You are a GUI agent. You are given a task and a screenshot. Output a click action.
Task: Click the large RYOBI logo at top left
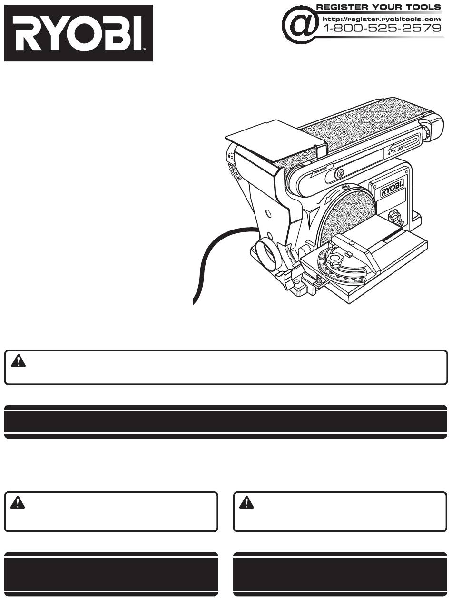click(x=79, y=33)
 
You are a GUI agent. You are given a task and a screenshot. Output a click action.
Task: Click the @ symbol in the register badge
click(x=300, y=24)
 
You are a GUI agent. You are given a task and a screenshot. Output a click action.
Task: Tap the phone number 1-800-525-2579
click(x=382, y=28)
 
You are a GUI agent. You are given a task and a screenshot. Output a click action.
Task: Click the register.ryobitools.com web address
click(x=382, y=19)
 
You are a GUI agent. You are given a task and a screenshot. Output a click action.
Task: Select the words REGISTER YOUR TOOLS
click(x=379, y=7)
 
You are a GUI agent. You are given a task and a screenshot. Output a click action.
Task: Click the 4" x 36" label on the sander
click(x=396, y=150)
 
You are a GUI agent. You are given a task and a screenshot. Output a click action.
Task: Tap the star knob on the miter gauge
click(x=335, y=259)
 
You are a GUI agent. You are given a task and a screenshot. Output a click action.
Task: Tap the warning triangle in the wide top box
click(x=18, y=360)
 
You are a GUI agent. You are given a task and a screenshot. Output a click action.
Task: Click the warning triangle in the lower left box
click(x=18, y=502)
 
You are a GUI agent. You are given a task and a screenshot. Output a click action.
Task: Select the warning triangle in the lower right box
click(x=246, y=502)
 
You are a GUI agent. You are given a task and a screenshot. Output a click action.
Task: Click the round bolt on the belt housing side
click(x=340, y=173)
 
